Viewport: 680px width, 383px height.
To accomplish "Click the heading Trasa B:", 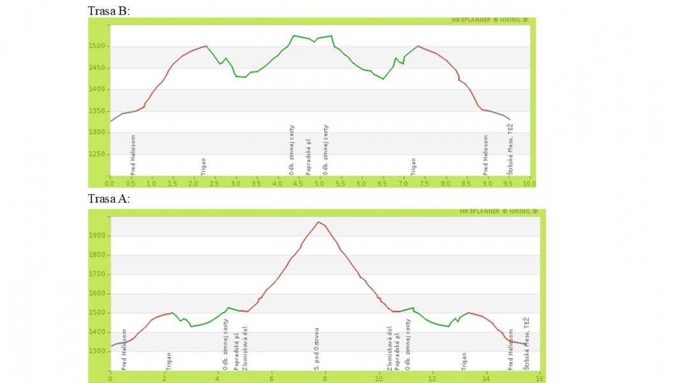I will [x=109, y=11].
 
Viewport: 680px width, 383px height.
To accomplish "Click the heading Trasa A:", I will [x=109, y=199].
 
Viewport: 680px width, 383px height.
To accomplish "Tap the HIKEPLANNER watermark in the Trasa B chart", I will [x=489, y=20].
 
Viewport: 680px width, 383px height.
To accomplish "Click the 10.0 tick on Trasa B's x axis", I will [x=529, y=183].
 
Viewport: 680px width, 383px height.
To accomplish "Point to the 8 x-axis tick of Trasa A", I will [x=325, y=378].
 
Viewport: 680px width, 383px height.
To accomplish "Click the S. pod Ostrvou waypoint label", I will [x=317, y=349].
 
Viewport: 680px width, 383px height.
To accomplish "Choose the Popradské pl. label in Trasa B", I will [x=309, y=156].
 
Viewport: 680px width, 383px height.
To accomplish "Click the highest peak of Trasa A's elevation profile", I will [x=318, y=222].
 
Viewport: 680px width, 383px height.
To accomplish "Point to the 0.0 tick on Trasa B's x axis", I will [x=110, y=183].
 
